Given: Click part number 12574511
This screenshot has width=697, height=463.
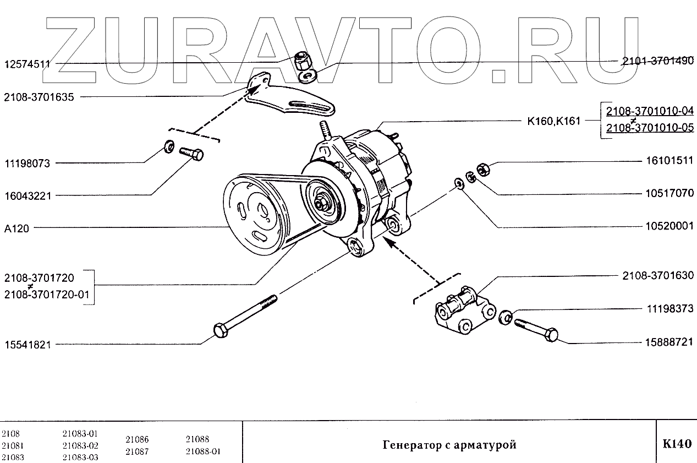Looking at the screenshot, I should coord(27,64).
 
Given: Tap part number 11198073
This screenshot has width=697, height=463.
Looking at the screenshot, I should coord(27,164).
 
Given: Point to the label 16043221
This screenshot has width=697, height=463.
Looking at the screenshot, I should coord(27,195).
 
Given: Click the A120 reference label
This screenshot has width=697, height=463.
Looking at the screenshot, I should coord(17,228).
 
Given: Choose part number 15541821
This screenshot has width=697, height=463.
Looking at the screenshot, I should coord(27,345).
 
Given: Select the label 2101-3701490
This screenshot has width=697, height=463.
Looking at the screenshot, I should coord(657,62).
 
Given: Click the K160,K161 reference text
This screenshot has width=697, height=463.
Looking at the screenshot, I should coord(553,121).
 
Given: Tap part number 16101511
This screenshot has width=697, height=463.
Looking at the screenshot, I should coord(669,162).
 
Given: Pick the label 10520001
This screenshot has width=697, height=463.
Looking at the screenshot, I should coord(669,226).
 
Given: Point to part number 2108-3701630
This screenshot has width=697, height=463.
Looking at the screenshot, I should coord(657,275).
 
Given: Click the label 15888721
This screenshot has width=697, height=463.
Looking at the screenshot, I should coord(669,342).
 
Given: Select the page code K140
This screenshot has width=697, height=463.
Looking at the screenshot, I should coord(677,444).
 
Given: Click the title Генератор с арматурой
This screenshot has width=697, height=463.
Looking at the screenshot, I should coord(449,445).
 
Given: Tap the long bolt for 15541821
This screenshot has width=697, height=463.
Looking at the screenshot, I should coord(245,317).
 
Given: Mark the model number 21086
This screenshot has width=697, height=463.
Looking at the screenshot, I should coord(137,440).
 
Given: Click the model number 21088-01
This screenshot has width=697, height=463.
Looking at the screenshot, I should coord(202,451).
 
